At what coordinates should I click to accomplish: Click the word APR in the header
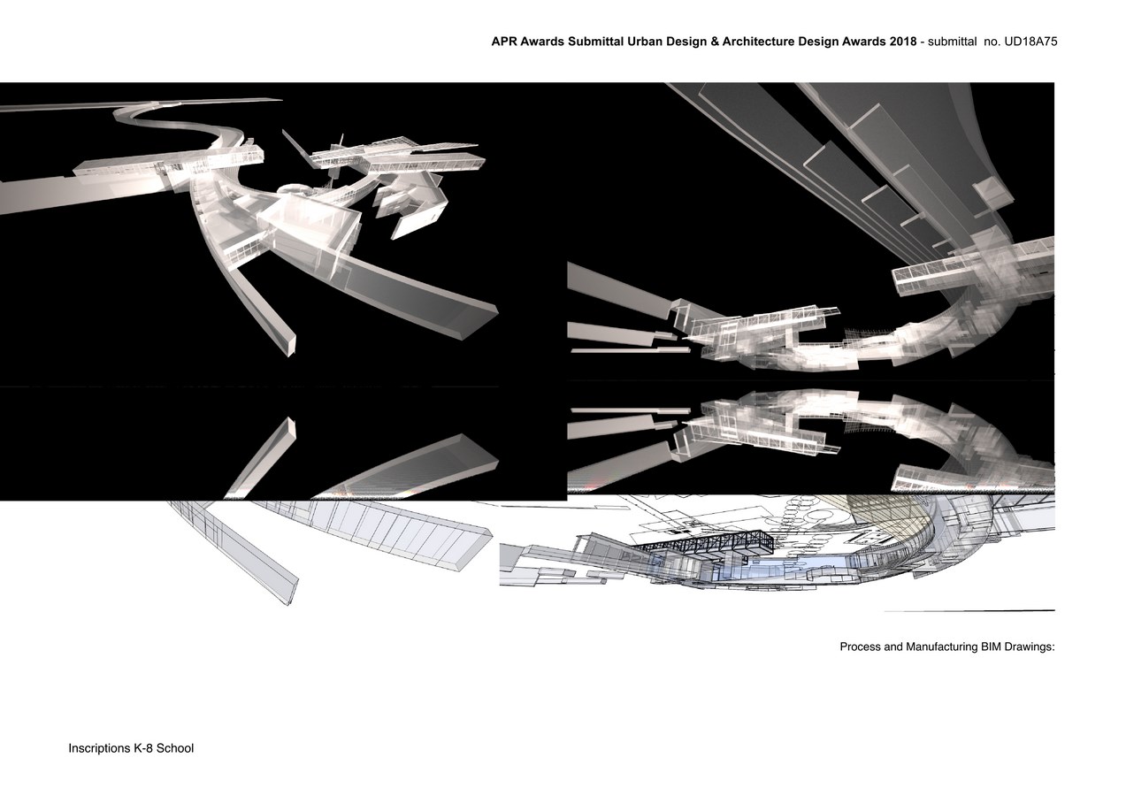pos(504,41)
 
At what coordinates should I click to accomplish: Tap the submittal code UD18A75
pos(1030,41)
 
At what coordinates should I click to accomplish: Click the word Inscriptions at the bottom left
pos(99,748)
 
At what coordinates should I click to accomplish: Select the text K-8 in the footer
pos(142,748)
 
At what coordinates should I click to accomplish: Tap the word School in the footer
pos(175,748)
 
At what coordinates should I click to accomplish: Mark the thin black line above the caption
pos(969,611)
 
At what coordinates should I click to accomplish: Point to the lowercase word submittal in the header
pos(952,41)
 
